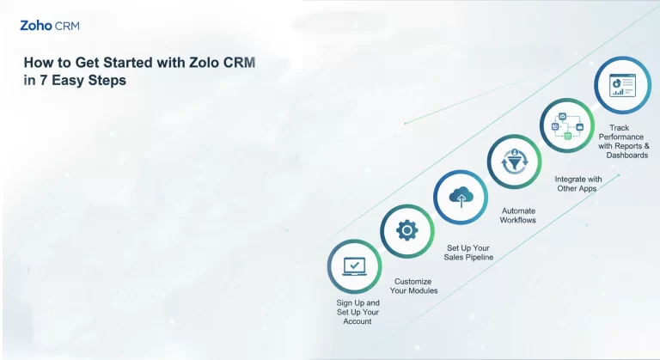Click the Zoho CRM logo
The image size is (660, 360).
pos(50,26)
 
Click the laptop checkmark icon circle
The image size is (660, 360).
pos(354,266)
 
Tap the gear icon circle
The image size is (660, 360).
pos(406,230)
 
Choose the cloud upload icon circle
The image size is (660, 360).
pos(461,196)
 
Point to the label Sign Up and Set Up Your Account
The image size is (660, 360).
pos(357,312)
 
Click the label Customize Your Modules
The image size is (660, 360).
pos(413,285)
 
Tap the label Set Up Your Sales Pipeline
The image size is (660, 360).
pos(469,252)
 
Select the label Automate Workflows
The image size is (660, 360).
pos(518,215)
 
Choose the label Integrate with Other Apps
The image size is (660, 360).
pos(577,183)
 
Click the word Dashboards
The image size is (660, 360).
pos(626,156)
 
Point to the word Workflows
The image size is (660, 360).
pos(518,220)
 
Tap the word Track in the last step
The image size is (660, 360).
pos(619,128)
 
